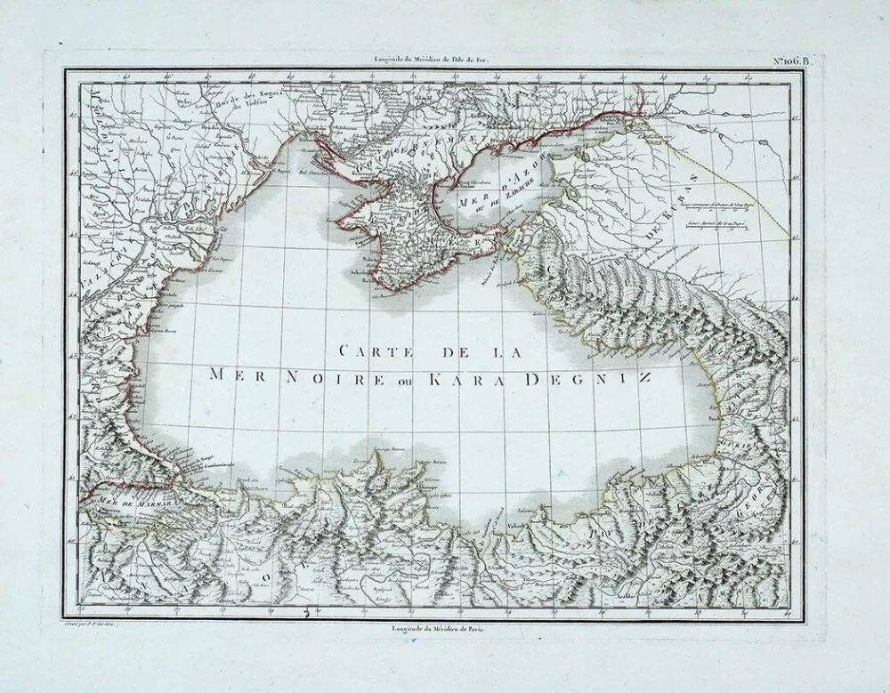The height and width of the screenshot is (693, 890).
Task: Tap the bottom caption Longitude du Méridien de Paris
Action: tap(441, 629)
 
